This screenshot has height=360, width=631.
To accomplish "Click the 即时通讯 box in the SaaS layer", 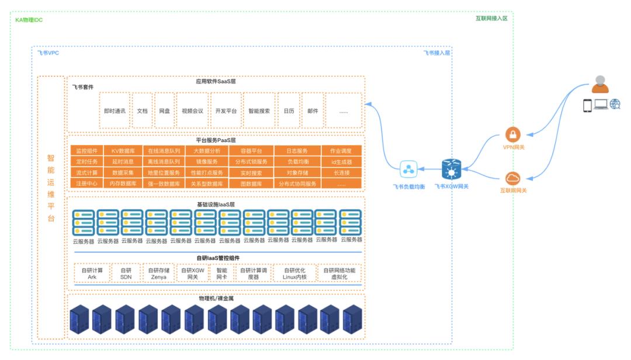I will (x=115, y=110).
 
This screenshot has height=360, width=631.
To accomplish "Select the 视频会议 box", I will (x=192, y=110).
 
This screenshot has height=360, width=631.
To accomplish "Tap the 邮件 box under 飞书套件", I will (x=313, y=110).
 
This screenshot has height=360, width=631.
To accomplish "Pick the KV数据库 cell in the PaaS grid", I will (x=123, y=151).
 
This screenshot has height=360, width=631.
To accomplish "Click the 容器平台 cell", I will (x=252, y=151).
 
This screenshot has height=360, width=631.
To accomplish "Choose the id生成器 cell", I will (x=341, y=162).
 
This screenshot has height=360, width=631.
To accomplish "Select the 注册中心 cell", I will (x=86, y=184).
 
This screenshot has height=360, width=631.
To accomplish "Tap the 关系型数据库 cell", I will (x=206, y=184).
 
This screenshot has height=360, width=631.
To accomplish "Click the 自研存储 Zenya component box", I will (x=158, y=274).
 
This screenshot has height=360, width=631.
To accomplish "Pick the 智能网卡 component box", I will (x=222, y=274).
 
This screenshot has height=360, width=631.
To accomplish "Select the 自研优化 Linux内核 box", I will (x=294, y=274).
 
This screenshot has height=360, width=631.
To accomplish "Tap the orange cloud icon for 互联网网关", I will (x=513, y=178).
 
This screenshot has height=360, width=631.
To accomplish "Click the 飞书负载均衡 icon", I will (x=408, y=170).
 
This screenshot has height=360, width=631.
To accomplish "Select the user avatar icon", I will (x=600, y=85).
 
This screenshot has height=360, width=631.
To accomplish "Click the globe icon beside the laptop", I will (x=615, y=105).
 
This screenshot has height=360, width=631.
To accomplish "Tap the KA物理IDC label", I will (x=29, y=20).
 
